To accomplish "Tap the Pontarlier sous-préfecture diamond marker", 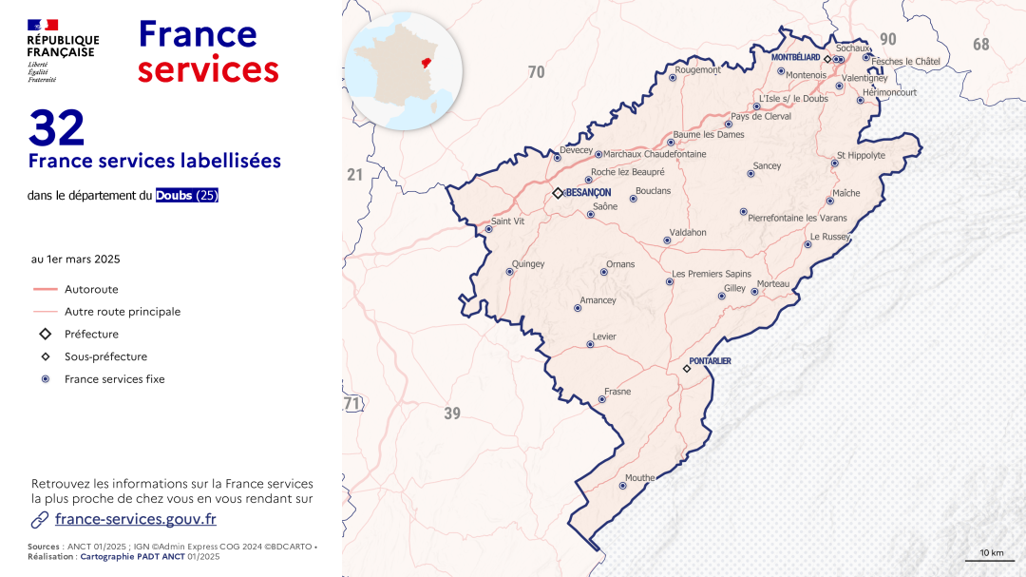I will tap(687, 369).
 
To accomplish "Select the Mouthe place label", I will tap(640, 478).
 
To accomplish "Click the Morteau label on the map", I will tap(773, 284).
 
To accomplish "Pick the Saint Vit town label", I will tap(508, 221).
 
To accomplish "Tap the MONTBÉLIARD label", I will tap(795, 58).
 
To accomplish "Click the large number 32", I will tap(57, 128).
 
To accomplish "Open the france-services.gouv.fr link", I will tap(136, 519).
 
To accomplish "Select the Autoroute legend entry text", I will tap(91, 289).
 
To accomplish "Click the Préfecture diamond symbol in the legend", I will tap(45, 334).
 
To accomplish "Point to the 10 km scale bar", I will tap(990, 559).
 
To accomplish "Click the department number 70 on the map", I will tap(537, 72).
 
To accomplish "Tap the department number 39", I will tap(452, 413).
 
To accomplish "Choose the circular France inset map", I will tap(405, 71).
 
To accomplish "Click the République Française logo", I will tap(63, 51).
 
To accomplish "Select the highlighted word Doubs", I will tap(175, 196).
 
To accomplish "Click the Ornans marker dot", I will tap(603, 272).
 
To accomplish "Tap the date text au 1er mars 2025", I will tap(76, 259).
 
